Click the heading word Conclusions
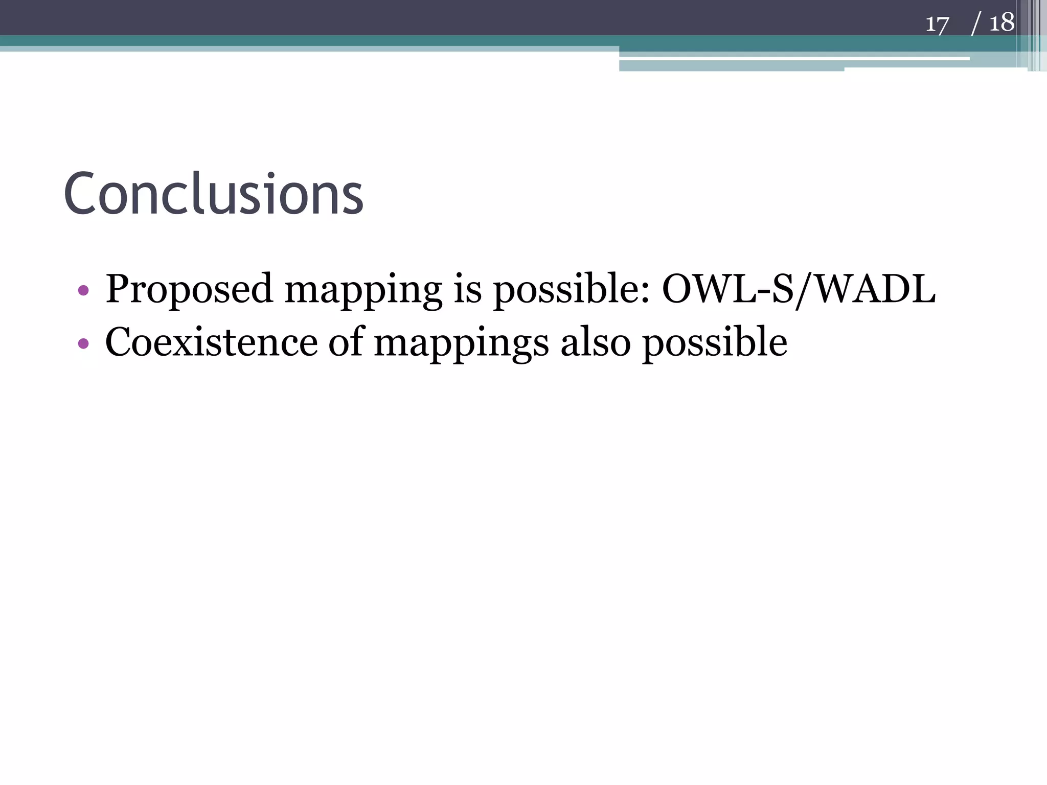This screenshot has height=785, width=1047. click(213, 194)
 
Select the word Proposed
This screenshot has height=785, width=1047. click(189, 289)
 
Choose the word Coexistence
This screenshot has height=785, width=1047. click(211, 342)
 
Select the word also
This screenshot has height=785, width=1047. click(596, 342)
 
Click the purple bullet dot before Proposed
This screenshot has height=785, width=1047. click(83, 291)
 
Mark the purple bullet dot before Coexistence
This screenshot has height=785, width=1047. click(83, 343)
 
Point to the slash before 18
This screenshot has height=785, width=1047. click(976, 24)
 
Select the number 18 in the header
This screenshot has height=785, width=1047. click(1002, 23)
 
